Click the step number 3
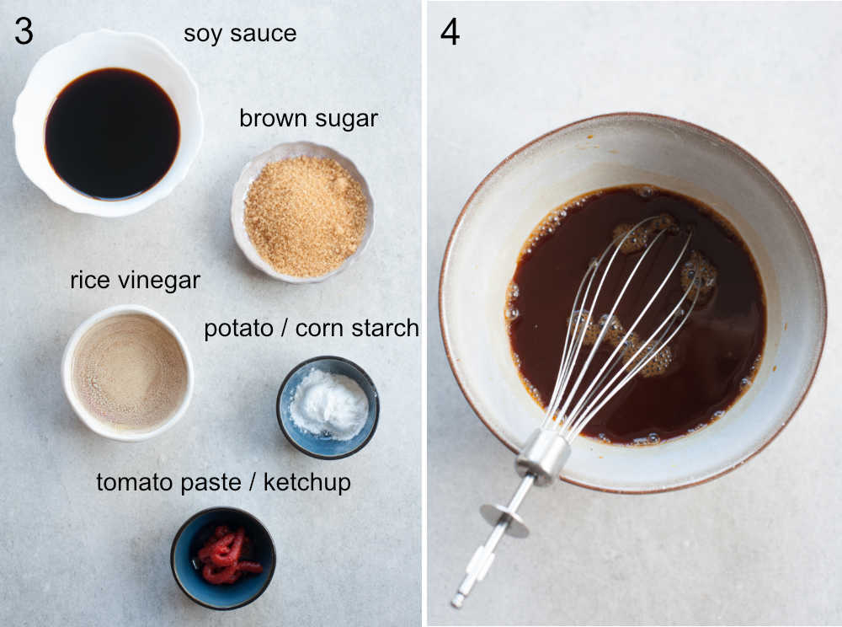tap(24, 31)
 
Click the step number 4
tap(450, 31)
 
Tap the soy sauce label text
tap(240, 34)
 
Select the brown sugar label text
tap(308, 119)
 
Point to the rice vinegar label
tap(135, 280)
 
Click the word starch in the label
tap(386, 328)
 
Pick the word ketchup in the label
tap(307, 483)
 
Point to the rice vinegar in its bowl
tap(129, 372)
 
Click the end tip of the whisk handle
tap(457, 600)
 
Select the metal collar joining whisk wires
tap(542, 456)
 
